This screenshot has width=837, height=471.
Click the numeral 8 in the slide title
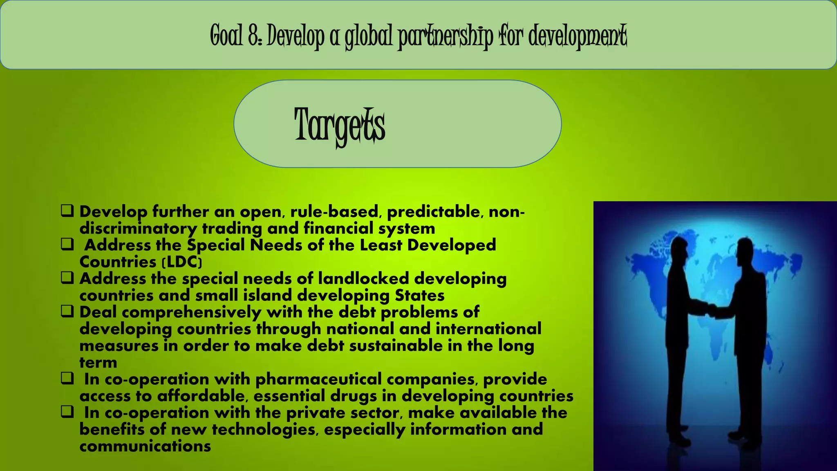(x=253, y=36)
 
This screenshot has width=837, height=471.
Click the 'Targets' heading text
(x=339, y=125)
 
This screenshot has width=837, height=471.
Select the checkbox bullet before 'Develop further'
(x=67, y=211)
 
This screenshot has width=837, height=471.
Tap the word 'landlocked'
(x=363, y=279)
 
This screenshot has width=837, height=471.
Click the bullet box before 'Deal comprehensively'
(x=67, y=312)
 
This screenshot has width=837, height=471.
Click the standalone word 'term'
(x=98, y=363)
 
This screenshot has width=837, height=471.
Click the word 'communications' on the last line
(x=145, y=446)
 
